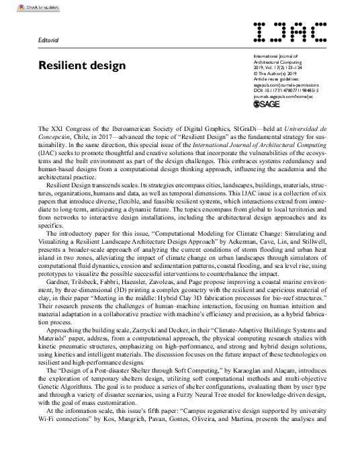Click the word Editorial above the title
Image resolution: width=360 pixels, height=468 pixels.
coord(50,41)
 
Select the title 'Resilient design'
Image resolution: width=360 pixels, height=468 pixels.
coord(83,66)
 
